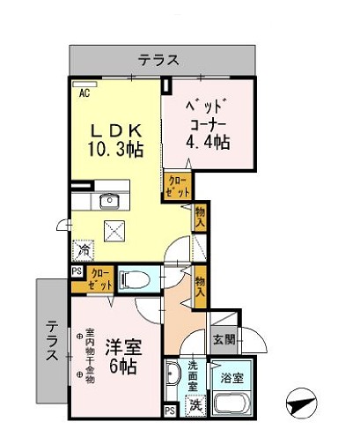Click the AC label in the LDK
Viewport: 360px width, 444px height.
coord(85,91)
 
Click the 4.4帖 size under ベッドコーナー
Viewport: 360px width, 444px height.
coord(208,141)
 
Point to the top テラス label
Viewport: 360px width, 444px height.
coord(158,61)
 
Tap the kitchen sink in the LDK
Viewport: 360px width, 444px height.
coord(109,199)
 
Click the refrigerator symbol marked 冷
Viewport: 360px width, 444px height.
coord(85,251)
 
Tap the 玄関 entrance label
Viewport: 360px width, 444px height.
coord(224,337)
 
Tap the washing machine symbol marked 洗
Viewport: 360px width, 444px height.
coord(196,405)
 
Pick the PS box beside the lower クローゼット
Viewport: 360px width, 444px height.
coord(77,271)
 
